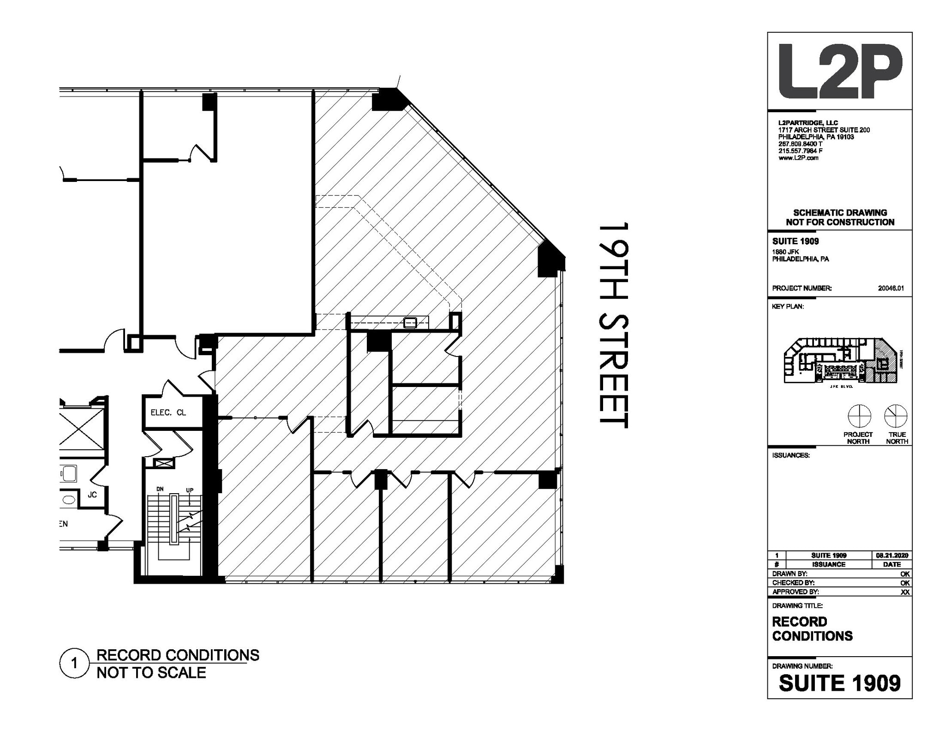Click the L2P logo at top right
840,72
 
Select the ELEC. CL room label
168,412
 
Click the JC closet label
92,495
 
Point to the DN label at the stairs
160,489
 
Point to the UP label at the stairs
190,490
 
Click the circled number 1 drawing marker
74,664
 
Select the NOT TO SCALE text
151,672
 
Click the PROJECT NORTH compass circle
859,416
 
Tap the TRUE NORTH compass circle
896,416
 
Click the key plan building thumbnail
841,360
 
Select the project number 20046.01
891,288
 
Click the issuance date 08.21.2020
891,556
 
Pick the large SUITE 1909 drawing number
839,683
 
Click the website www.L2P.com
798,158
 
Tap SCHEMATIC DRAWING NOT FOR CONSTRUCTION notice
840,217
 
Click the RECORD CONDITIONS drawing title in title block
812,628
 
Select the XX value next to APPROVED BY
905,592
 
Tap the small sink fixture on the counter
410,322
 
